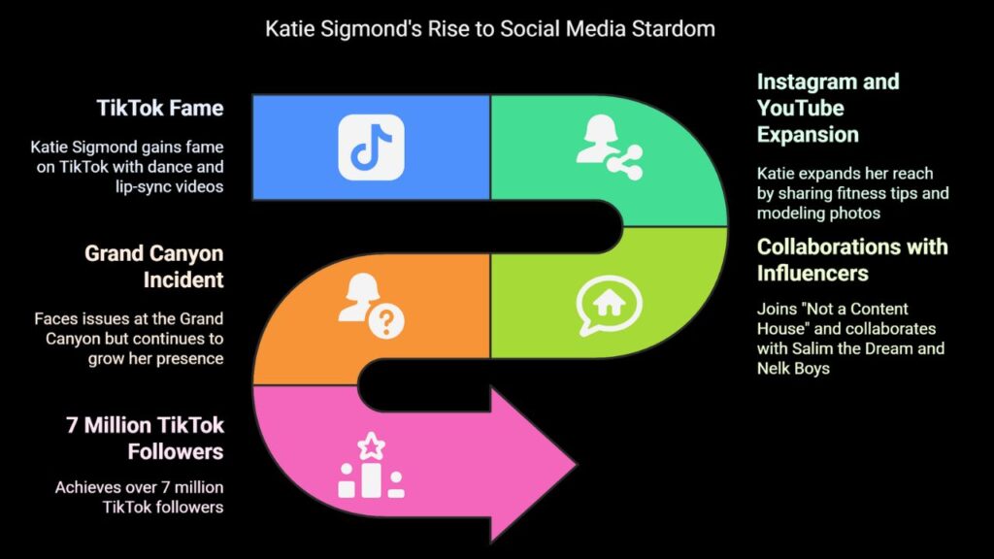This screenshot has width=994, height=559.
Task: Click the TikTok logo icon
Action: (371, 148)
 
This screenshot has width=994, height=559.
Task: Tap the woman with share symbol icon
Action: (609, 148)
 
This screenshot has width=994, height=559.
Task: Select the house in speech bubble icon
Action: (609, 306)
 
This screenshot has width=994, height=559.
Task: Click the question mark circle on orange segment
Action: (386, 322)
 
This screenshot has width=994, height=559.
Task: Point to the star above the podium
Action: (372, 445)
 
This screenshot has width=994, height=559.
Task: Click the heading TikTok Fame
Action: (160, 108)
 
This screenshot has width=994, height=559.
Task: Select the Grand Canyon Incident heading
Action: (154, 266)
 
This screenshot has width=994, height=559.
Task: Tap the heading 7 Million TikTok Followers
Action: (146, 438)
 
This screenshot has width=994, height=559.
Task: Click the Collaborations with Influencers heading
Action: (852, 260)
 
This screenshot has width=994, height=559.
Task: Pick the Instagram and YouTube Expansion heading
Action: (828, 108)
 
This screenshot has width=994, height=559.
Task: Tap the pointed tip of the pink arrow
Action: (577, 465)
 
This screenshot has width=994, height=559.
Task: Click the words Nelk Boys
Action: (793, 368)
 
